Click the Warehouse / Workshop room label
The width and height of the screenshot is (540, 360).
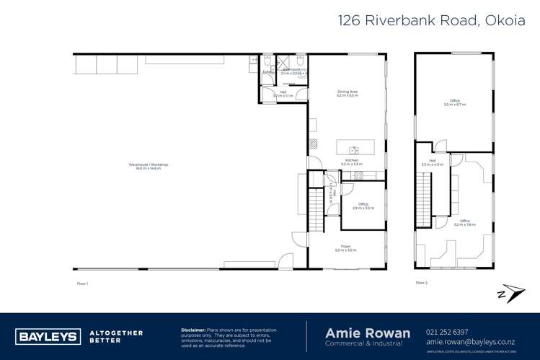pos(149,166)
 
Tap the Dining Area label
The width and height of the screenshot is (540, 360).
pos(348,93)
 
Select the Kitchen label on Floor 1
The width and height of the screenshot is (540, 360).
pos(351,162)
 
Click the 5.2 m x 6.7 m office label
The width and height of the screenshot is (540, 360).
pos(455,103)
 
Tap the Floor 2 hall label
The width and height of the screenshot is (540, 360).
pos(433,163)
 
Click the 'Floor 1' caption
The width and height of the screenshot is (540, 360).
pos(82,283)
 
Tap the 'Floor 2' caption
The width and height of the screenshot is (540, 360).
pos(422,283)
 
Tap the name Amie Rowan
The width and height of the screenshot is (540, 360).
pos(368,333)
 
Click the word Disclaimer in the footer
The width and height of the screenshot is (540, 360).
pos(193,329)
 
